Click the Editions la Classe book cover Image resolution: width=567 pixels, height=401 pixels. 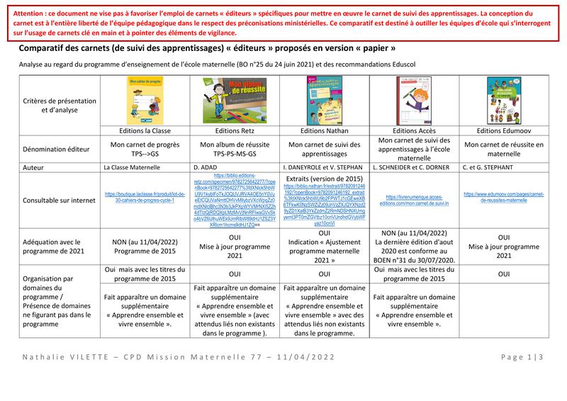pyautogui.click(x=145, y=101)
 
